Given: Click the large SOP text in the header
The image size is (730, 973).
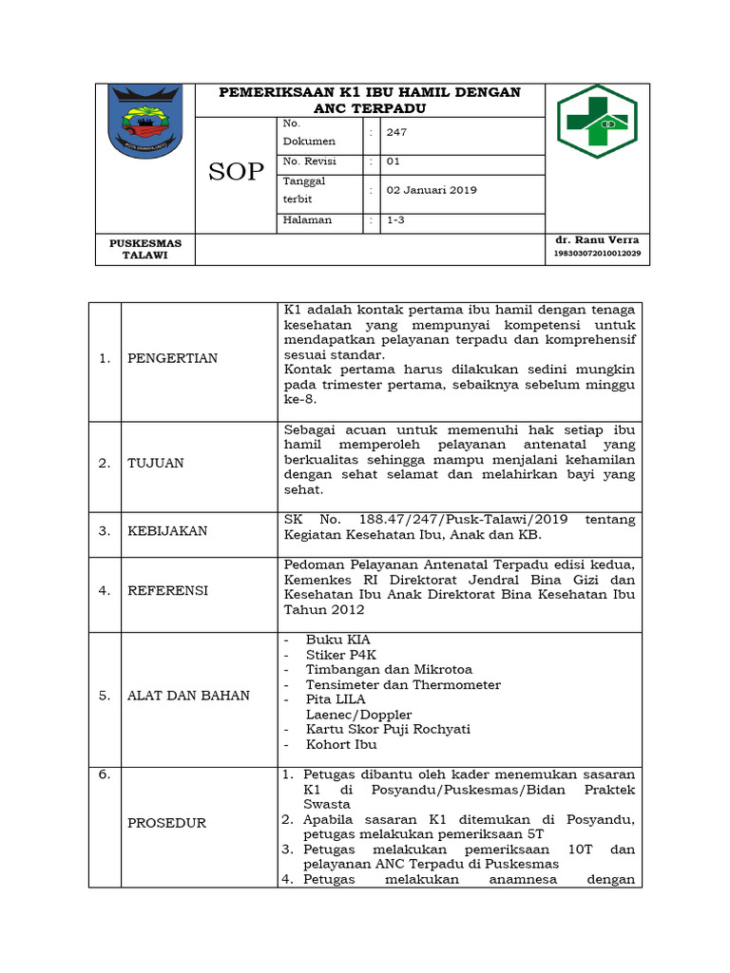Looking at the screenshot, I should (236, 172).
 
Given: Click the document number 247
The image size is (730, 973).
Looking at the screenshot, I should (396, 132).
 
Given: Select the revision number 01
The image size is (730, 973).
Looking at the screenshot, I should (394, 162).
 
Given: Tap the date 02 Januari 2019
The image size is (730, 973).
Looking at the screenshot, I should (432, 190).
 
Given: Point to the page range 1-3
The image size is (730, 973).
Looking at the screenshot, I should (394, 219).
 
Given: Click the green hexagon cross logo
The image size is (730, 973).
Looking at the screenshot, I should (597, 121).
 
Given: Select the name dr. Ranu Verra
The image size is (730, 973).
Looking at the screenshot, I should (597, 240).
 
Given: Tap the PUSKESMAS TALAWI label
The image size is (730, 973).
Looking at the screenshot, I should (145, 249).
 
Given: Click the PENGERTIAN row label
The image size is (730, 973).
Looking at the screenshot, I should (173, 358).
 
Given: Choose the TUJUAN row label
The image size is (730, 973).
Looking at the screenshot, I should (157, 463).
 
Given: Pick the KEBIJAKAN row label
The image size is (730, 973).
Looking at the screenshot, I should (168, 530).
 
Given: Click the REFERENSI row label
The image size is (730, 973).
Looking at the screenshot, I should (168, 590).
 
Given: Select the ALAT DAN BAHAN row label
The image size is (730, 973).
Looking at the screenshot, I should (189, 696).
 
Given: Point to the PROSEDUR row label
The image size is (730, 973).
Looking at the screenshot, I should (167, 823).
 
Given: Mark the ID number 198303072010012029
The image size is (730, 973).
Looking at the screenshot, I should (597, 254).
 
